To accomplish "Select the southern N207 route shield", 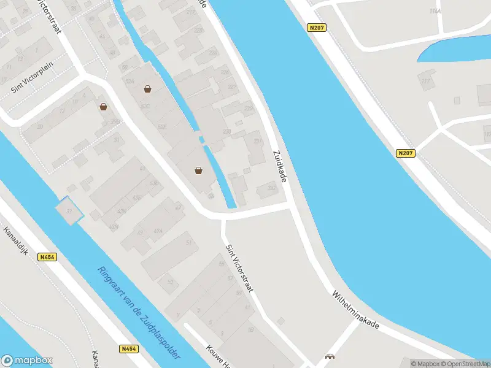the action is tap(405, 154).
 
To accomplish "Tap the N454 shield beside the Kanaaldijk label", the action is tap(47, 258).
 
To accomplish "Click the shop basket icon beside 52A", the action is tap(147, 89).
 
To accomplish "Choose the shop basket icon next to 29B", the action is tap(104, 107).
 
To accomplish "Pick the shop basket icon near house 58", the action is tap(199, 171).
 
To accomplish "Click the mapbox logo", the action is tap(27, 361).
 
